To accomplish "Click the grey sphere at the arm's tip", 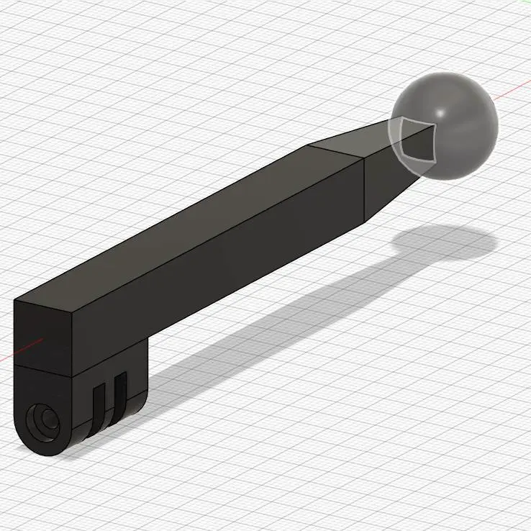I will click(x=460, y=133).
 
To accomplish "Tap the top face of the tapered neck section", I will click(x=353, y=140).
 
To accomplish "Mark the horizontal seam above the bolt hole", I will click(x=43, y=368).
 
